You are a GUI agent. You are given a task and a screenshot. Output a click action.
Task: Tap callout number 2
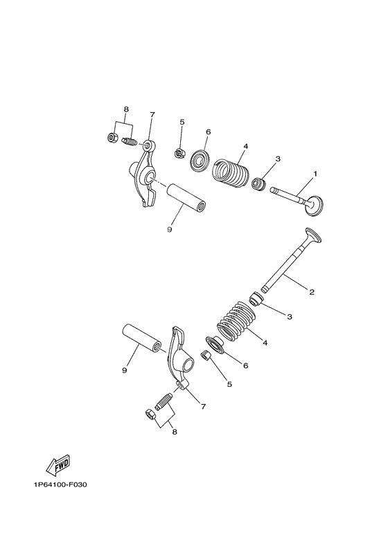coord(312,291)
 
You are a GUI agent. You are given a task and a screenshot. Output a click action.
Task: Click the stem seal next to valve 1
coord(258,184)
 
